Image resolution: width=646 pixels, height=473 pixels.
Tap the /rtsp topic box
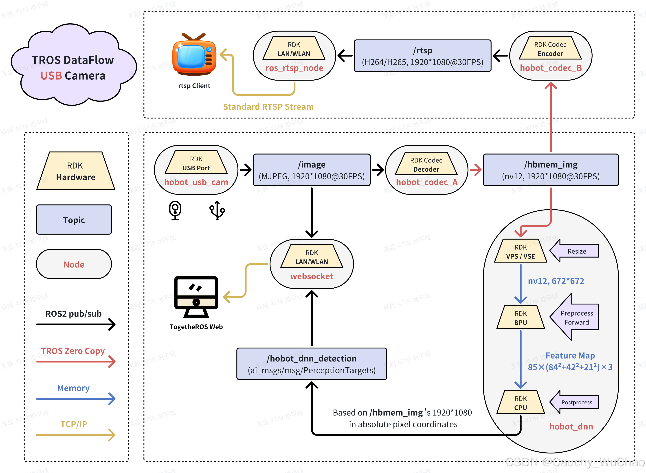click(422, 56)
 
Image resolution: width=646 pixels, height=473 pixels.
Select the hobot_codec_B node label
click(551, 68)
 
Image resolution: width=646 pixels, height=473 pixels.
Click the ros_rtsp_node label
click(294, 68)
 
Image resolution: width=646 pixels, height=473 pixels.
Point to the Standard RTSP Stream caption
click(268, 107)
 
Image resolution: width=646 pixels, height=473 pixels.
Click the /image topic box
click(312, 170)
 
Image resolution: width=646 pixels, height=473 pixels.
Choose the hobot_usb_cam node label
click(196, 182)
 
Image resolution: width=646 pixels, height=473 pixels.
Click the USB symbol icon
click(217, 210)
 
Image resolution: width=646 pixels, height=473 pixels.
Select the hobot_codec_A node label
click(427, 182)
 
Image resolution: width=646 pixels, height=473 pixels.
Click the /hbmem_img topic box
click(551, 170)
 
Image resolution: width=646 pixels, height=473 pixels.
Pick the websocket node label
click(312, 276)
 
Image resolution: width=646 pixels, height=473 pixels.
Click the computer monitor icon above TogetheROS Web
click(196, 297)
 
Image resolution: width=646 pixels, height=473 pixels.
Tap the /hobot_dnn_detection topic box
click(312, 364)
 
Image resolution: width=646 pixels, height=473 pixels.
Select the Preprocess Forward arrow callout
click(576, 317)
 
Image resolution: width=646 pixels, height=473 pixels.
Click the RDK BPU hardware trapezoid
click(521, 318)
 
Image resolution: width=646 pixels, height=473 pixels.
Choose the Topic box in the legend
click(74, 220)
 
